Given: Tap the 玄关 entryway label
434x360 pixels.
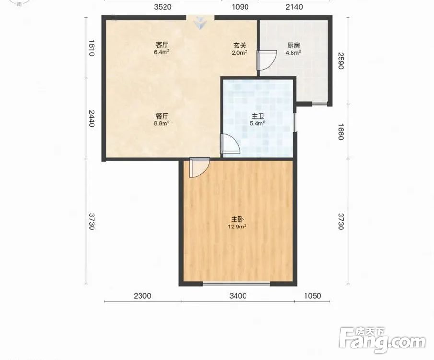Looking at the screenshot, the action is pos(240,45).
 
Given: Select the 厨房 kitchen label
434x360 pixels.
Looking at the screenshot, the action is pos(293,45).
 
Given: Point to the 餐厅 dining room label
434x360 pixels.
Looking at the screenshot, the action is pos(162,116).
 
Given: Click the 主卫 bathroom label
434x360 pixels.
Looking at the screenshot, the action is pos(258,116).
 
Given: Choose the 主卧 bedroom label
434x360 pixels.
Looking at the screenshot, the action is pos(237,219).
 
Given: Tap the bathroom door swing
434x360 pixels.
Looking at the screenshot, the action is pos(230,144).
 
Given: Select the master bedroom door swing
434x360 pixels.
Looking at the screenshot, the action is pos(199,168).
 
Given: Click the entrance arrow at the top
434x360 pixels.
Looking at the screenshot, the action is pos(200,23).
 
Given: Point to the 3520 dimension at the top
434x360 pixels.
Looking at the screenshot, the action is pos(163,7).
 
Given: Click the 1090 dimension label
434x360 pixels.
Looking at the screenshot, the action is pos(240,7).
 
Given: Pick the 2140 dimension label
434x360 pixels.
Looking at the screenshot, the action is pos(294,7).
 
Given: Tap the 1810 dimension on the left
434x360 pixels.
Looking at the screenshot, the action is pos(92,48).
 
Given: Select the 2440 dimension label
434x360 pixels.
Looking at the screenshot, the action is pos(92,119).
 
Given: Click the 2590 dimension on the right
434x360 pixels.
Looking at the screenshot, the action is pos(340,60).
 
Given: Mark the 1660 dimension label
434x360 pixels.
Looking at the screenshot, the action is pos(340,132).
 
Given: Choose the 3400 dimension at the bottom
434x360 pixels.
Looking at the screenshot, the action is pos(238,296).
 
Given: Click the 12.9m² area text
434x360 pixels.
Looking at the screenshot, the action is pos(237,227).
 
